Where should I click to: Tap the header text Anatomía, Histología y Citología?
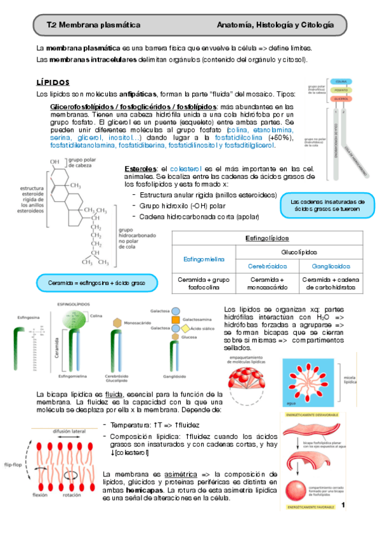click(x=275, y=25)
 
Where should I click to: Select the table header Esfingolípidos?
click(x=266, y=239)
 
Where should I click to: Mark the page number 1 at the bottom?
click(x=343, y=506)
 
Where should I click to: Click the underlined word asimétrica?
click(x=164, y=473)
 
